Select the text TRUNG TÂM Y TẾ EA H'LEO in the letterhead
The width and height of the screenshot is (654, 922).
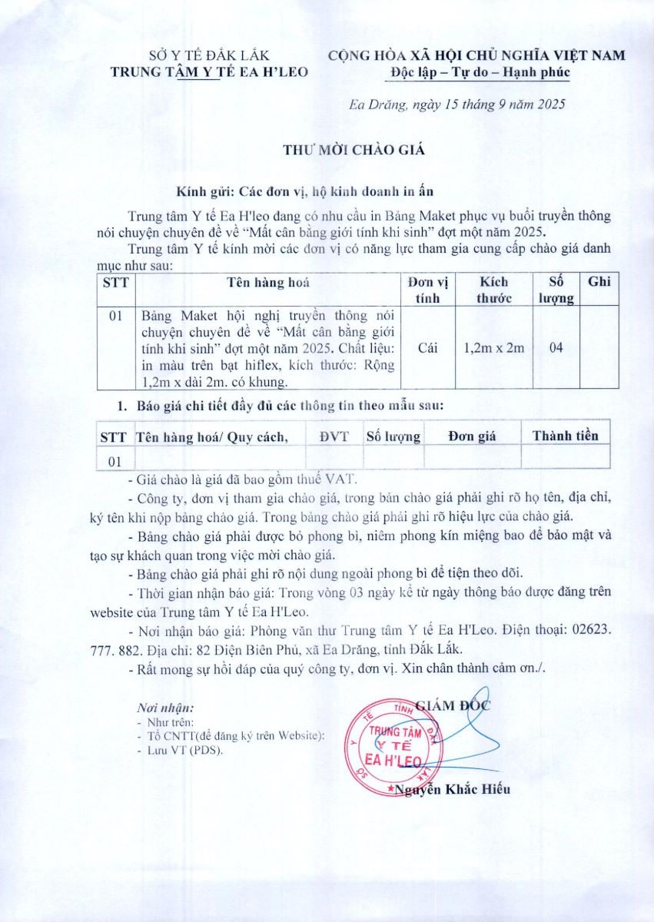point(209,72)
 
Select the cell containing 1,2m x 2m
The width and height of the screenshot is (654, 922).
point(494,348)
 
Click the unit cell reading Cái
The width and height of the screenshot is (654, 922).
point(428,348)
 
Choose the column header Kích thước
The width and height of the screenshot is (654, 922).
point(494,290)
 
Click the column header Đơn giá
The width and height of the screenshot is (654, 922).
point(472,436)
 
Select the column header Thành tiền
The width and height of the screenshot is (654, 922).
point(565,436)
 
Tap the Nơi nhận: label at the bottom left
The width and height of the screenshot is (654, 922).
point(165,707)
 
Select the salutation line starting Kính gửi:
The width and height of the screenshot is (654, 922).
point(308,191)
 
